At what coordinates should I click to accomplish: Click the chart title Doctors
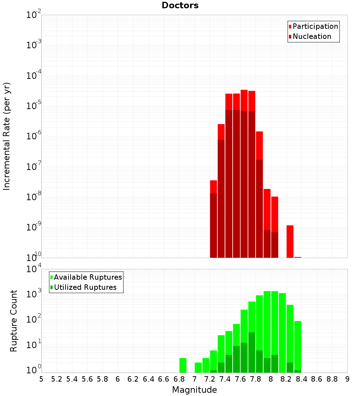click(180, 5)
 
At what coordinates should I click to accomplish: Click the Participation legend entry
click(315, 26)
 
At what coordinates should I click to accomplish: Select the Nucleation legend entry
click(312, 36)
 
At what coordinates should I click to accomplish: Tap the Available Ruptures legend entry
click(88, 277)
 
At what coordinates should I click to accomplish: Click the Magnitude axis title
click(194, 390)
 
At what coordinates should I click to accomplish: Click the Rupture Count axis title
click(14, 321)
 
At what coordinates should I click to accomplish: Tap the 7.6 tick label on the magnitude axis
click(240, 379)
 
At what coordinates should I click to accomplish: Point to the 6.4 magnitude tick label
click(148, 379)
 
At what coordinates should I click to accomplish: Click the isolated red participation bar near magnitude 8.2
click(290, 241)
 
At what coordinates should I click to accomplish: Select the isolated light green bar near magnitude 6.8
click(183, 365)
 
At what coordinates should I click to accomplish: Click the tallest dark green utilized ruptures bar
click(252, 352)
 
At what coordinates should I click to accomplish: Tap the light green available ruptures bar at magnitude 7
click(198, 367)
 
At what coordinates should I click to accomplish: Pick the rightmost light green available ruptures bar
click(297, 346)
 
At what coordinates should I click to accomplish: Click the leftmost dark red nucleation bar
click(213, 225)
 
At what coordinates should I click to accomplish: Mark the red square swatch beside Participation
click(290, 27)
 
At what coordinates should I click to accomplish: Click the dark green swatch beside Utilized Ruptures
click(51, 287)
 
